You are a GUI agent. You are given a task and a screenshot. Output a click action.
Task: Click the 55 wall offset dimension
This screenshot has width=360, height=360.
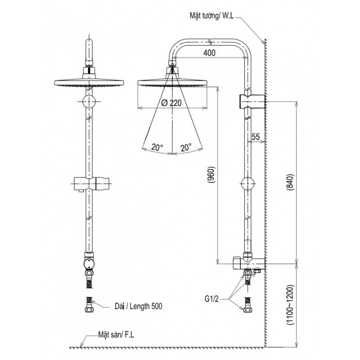tap(255, 138)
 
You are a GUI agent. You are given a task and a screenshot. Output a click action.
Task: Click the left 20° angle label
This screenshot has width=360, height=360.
tap(157, 146)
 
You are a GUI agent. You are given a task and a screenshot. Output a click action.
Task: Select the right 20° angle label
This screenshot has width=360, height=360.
tap(185, 146)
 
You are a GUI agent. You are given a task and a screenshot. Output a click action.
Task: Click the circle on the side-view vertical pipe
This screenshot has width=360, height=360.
tap(248, 185)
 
